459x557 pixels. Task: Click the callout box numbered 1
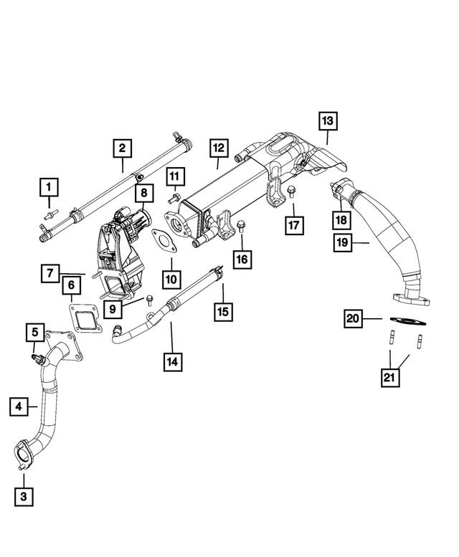(x=49, y=188)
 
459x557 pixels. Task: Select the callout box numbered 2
(x=123, y=149)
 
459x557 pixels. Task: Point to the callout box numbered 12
(x=218, y=148)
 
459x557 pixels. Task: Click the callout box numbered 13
(x=327, y=121)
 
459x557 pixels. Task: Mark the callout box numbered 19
(x=343, y=242)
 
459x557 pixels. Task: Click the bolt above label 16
(x=240, y=227)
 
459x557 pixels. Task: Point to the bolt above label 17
(x=292, y=191)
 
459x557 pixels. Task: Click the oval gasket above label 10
(x=167, y=241)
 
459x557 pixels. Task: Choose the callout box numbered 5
(x=34, y=332)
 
